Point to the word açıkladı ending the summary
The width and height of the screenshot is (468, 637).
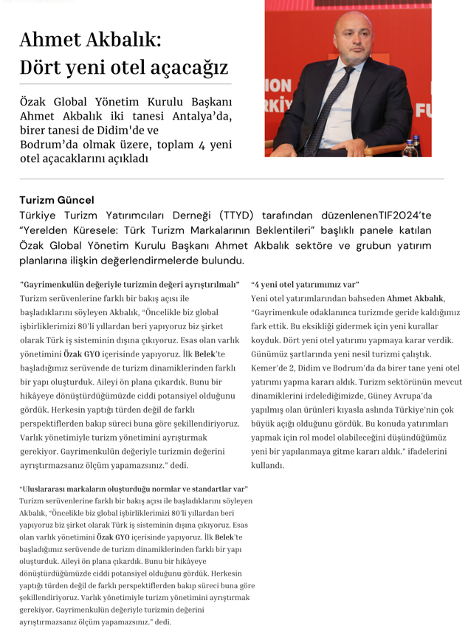tap(128, 158)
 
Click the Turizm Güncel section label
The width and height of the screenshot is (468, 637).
tap(57, 199)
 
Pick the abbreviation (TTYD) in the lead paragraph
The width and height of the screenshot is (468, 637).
tap(236, 215)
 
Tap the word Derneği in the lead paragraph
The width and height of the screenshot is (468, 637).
tap(183, 215)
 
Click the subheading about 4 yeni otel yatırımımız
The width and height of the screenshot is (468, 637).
tap(305, 284)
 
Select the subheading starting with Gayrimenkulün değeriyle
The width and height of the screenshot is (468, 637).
tap(130, 284)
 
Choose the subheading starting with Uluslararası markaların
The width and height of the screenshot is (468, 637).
tap(134, 489)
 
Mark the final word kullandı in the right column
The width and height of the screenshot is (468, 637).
tap(267, 466)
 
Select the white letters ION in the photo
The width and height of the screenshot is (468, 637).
tap(278, 85)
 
